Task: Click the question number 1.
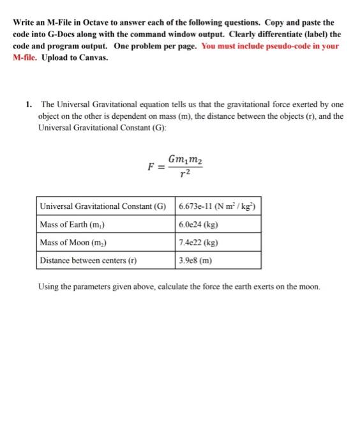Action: tap(29, 104)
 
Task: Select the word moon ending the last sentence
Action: tap(308, 285)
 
